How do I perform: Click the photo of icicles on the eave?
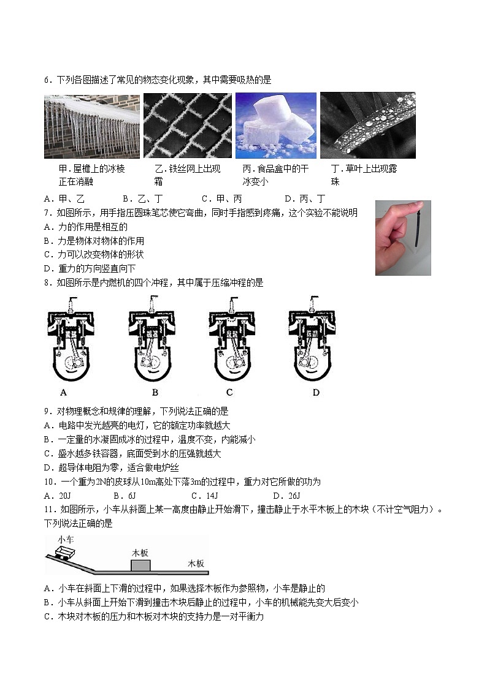click(91, 126)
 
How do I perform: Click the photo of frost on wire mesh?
click(187, 126)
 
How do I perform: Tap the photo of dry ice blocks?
click(276, 126)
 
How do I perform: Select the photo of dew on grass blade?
click(367, 126)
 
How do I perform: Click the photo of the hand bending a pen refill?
click(403, 238)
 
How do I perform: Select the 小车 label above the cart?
click(66, 539)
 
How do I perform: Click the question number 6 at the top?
click(47, 80)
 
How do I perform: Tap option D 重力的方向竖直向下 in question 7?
click(90, 268)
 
